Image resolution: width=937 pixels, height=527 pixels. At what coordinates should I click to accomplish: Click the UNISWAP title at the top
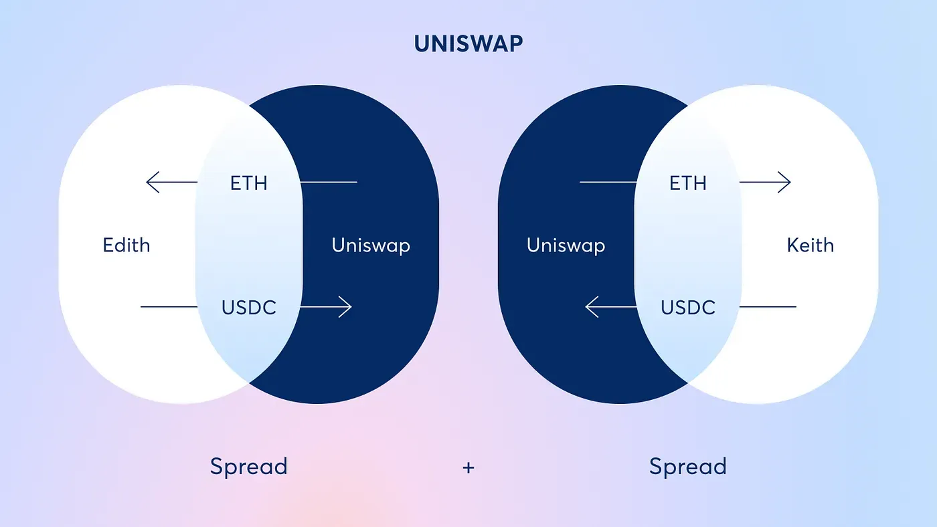coord(468,43)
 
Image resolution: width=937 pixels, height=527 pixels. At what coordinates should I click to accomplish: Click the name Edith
coord(126,245)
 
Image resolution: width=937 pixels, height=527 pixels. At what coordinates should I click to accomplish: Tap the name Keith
coord(811,245)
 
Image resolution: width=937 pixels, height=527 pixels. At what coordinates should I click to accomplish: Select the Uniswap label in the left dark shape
coord(371,245)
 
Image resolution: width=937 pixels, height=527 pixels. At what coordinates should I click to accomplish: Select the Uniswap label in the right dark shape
coord(566,245)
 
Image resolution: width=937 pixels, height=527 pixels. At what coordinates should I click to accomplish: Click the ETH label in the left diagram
coord(248,183)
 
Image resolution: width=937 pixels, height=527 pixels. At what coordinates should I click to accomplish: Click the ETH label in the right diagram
coord(688,183)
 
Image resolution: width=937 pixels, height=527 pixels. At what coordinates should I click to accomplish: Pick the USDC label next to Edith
coord(248,308)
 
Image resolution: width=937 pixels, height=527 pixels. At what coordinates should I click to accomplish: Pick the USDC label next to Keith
coord(688,308)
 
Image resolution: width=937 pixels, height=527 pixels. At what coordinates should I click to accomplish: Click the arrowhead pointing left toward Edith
coord(150,182)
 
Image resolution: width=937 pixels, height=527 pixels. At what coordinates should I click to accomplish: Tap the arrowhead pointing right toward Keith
coord(787,182)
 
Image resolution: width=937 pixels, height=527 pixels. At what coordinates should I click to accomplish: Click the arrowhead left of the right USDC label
coord(590,307)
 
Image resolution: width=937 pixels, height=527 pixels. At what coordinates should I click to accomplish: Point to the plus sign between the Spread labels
coord(468,467)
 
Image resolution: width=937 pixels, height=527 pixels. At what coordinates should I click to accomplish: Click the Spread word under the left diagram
coord(248,466)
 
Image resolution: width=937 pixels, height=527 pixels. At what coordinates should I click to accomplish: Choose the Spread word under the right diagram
coord(687,466)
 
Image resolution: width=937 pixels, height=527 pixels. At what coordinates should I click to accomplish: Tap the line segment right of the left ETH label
coord(328,182)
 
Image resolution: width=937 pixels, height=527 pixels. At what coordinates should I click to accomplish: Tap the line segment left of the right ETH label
coord(608,182)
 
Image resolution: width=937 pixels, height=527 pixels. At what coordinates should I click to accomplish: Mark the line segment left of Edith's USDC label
coord(169,307)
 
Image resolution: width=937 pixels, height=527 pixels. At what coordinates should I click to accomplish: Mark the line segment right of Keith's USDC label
coord(768,307)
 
